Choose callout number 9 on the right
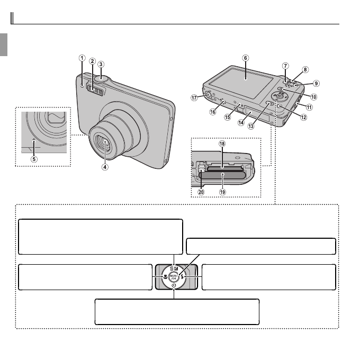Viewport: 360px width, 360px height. coord(316,83)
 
